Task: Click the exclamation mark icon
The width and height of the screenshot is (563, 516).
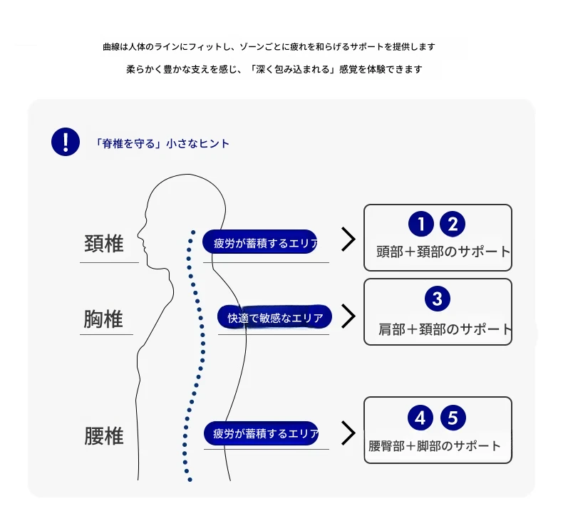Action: [66, 142]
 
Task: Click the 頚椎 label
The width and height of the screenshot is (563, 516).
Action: [104, 244]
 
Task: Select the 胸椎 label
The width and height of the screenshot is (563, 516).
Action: [103, 319]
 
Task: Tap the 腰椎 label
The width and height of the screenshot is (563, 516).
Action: [104, 436]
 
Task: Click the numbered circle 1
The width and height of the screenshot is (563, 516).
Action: [421, 224]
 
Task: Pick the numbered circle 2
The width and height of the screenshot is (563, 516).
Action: [453, 224]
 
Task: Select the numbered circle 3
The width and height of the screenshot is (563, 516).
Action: [438, 299]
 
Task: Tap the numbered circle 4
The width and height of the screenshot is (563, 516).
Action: [420, 418]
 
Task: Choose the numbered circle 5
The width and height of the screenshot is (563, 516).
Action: [453, 418]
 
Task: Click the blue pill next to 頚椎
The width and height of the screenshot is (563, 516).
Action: [260, 242]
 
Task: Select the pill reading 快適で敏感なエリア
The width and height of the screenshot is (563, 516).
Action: [274, 316]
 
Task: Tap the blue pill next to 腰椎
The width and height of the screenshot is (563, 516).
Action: [262, 433]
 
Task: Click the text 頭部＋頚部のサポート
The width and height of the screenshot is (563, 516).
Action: [443, 252]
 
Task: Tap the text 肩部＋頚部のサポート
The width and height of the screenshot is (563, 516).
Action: [445, 329]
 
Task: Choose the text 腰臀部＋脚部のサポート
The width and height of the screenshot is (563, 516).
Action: [435, 446]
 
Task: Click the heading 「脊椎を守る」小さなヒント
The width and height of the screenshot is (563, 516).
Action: [161, 144]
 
